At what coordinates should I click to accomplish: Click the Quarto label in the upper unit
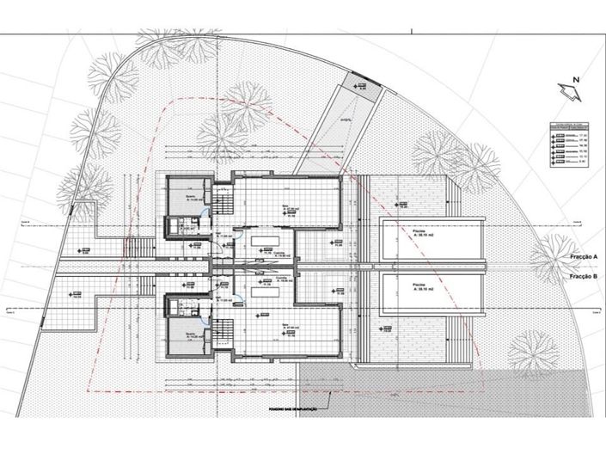pos(190,196)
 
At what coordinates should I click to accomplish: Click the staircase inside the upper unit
pos(223,203)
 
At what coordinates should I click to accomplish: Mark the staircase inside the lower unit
pos(223,329)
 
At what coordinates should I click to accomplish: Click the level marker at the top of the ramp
pos(364,86)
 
